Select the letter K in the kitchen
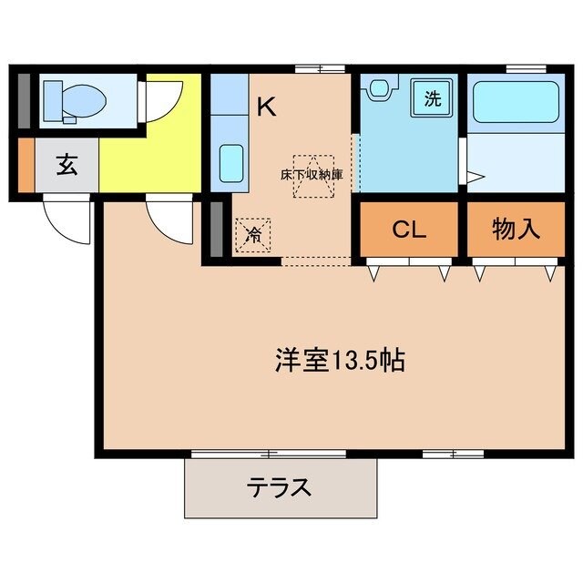[266, 107]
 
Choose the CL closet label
[409, 230]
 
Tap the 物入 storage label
[516, 230]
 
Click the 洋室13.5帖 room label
[340, 360]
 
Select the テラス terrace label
[280, 487]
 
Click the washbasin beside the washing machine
[378, 89]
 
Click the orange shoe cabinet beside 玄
[26, 165]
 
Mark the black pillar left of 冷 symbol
[217, 228]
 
